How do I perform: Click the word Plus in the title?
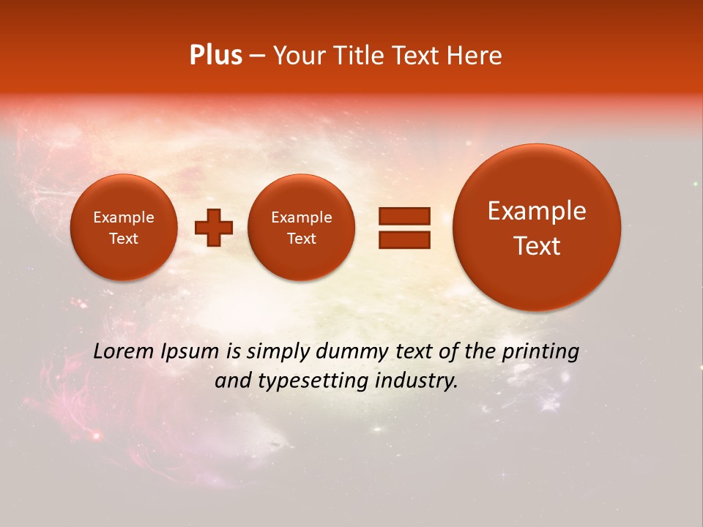(215, 56)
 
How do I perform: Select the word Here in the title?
(475, 56)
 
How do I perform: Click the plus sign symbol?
(213, 228)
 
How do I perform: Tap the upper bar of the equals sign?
(404, 216)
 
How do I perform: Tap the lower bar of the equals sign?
(404, 239)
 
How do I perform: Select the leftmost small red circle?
(123, 228)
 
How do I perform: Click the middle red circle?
(301, 228)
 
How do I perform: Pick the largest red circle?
(537, 228)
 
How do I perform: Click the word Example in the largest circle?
(537, 211)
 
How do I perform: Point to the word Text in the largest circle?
(537, 246)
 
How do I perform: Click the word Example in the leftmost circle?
(123, 217)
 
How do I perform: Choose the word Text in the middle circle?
(301, 239)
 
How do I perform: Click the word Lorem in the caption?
(124, 351)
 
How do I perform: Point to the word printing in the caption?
(540, 352)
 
